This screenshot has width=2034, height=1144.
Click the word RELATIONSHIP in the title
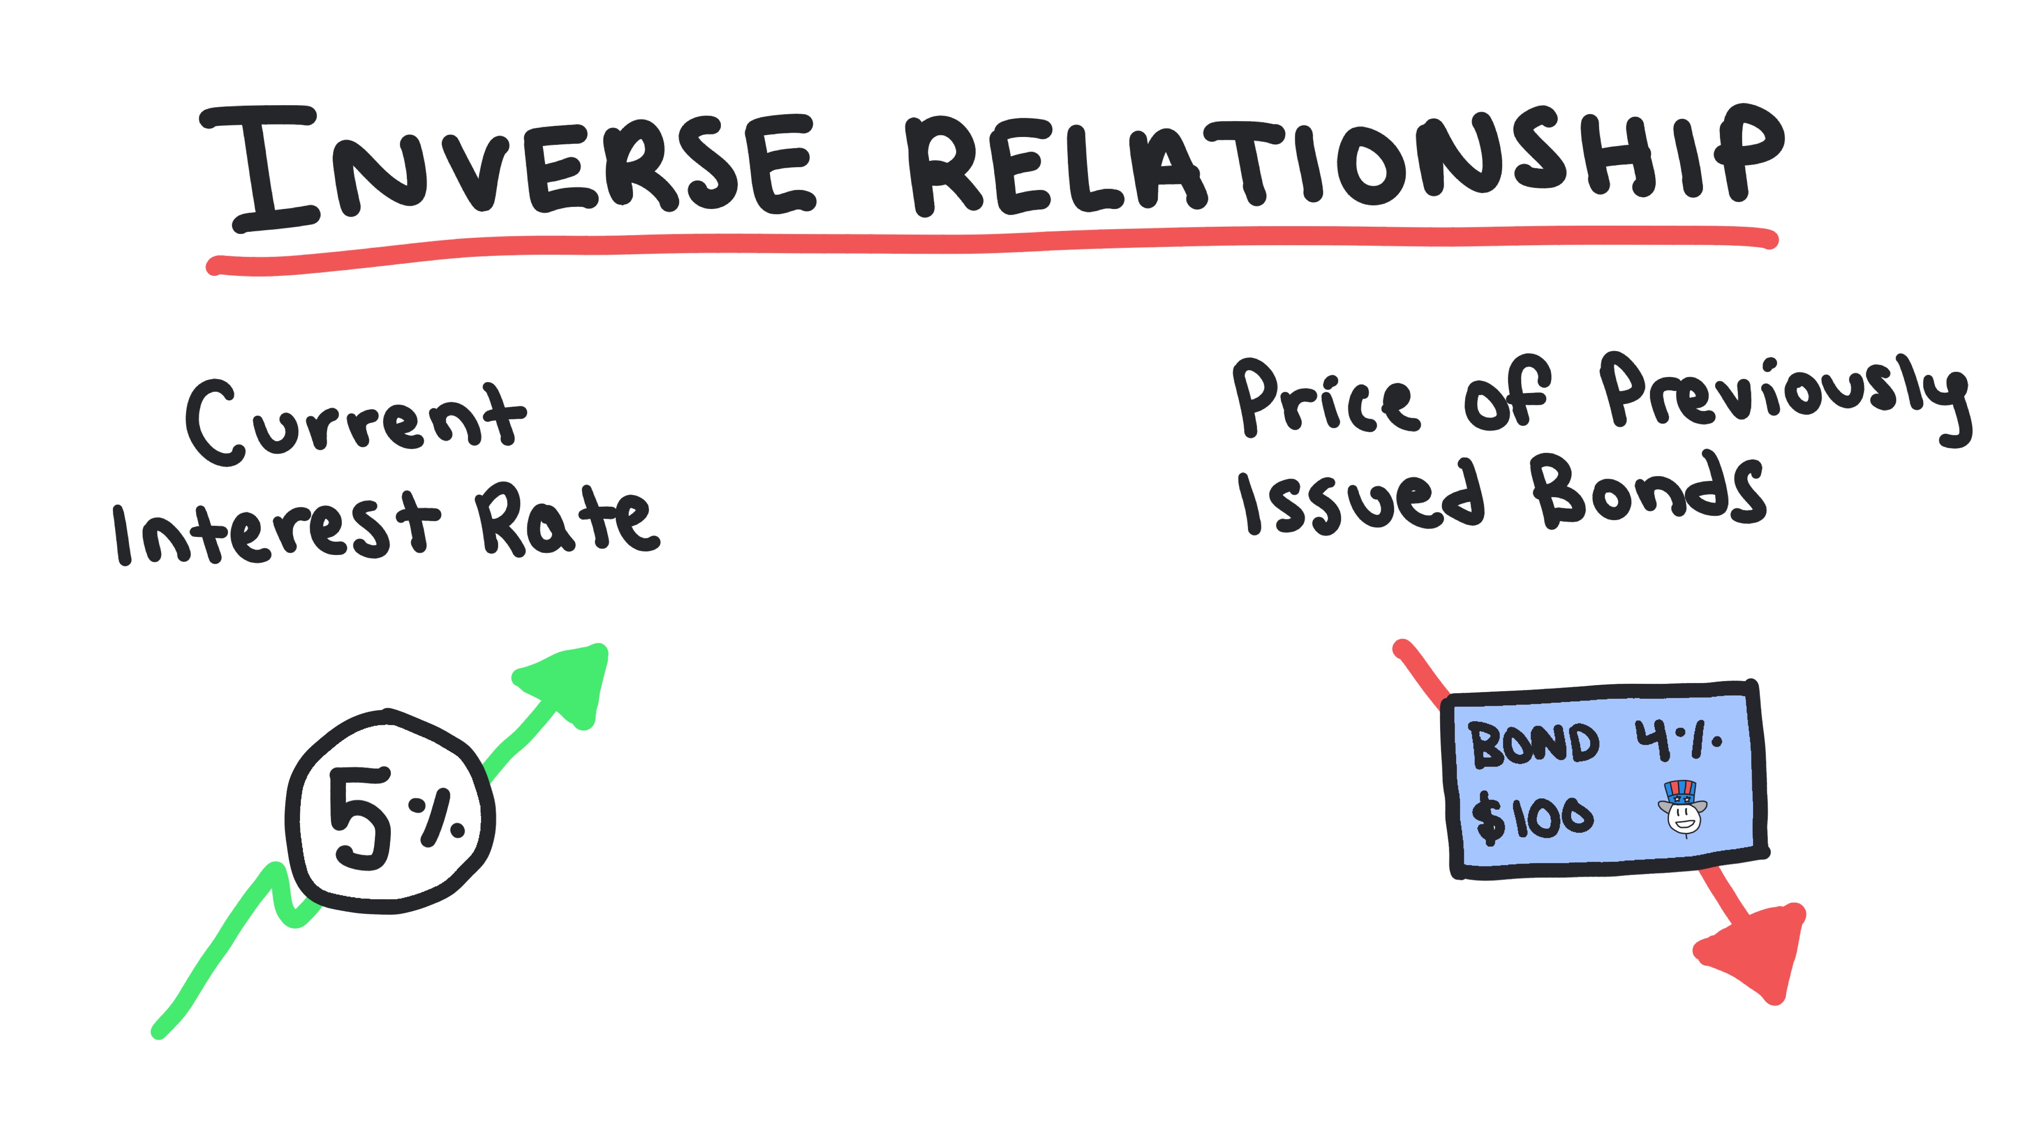click(1342, 162)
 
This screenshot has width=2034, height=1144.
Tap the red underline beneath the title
click(987, 245)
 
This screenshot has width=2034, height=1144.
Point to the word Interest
click(276, 529)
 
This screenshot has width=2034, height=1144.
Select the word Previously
click(1784, 395)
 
